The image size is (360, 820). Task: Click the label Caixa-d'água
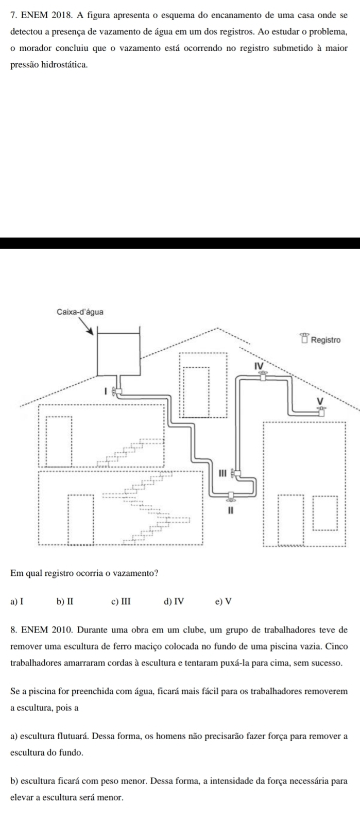[x=79, y=312]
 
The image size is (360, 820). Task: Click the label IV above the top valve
[x=259, y=365]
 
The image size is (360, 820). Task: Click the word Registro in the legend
[x=327, y=339]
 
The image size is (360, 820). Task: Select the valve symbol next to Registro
[x=305, y=338]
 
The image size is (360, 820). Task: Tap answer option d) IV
[x=174, y=600]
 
